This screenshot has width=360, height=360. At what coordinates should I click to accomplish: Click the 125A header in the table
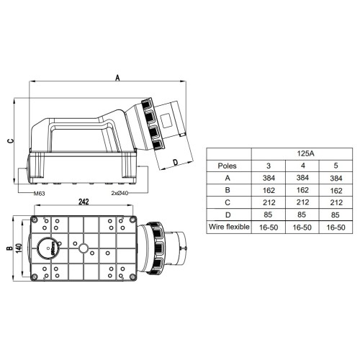305,153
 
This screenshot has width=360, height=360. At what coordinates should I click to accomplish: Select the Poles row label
227,166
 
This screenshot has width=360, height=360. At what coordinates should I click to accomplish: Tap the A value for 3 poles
269,178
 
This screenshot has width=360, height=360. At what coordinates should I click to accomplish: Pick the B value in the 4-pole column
302,190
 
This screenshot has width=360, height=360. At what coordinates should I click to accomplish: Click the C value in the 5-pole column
336,202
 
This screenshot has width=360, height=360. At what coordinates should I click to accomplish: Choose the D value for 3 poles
268,215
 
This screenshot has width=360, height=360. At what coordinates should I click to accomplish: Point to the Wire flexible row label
229,227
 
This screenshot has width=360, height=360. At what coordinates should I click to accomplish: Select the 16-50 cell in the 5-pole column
336,228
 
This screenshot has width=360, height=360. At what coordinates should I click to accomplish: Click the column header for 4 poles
303,166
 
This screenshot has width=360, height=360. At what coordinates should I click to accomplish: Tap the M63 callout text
39,194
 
